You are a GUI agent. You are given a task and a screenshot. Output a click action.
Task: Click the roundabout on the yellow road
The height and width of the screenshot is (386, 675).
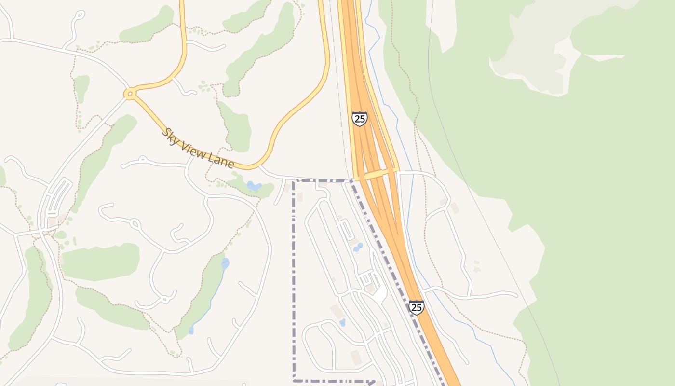point(129,94)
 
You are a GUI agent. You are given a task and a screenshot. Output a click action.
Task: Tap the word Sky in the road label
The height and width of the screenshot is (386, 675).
point(170,135)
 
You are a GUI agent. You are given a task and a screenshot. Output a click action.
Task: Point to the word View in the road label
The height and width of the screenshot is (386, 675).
point(194,148)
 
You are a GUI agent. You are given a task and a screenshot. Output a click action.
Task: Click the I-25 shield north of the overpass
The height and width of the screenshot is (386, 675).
point(359,118)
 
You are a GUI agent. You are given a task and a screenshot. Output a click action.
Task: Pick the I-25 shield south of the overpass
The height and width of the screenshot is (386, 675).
point(416,307)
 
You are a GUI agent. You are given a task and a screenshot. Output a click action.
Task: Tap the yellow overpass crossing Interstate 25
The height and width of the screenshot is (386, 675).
point(378,174)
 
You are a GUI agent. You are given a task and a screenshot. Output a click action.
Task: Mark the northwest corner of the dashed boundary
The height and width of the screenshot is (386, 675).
point(294,181)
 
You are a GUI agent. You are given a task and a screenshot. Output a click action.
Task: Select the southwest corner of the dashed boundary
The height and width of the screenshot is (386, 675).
point(294,380)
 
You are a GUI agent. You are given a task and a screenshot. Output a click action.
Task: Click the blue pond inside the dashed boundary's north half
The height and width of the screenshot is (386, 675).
point(358,248)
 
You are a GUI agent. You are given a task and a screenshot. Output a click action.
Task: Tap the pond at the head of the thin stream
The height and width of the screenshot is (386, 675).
point(225,263)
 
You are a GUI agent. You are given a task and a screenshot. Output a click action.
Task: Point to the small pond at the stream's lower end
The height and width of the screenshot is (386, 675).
point(191,331)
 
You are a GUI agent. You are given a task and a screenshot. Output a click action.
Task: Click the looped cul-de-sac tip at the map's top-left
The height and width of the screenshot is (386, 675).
point(80,15)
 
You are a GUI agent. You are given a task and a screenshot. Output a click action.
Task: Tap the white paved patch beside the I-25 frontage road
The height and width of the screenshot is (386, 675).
point(381,292)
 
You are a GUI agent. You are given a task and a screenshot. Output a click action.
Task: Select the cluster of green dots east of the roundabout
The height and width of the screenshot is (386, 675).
point(205,87)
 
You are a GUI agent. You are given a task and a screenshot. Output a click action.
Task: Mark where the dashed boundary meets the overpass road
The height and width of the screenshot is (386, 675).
point(351,180)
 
